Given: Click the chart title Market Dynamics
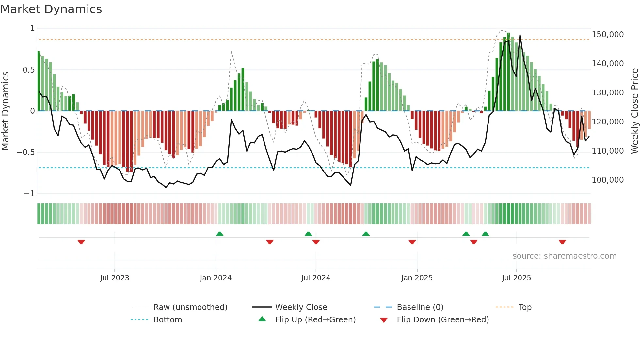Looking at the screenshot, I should (x=51, y=9).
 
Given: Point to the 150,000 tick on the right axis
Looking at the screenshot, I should (x=607, y=35).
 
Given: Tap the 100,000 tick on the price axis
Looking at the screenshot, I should (x=607, y=180).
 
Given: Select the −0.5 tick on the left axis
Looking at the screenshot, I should (x=25, y=152).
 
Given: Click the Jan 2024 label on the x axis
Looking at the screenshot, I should (x=216, y=278).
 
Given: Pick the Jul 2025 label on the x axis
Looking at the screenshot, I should (x=516, y=278).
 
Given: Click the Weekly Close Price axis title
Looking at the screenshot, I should (x=634, y=111).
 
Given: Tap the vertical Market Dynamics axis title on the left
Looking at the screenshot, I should (x=5, y=111).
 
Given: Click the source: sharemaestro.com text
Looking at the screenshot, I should (x=564, y=256).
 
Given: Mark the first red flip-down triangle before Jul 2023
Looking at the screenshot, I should (x=81, y=242).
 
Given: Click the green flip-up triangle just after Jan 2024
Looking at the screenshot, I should (x=220, y=234).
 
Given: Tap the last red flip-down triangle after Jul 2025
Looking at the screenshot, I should (x=562, y=242).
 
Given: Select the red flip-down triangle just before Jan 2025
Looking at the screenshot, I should (x=412, y=242).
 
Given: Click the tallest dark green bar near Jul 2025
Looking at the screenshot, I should (x=508, y=72).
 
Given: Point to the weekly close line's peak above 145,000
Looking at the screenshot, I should (x=520, y=35).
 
